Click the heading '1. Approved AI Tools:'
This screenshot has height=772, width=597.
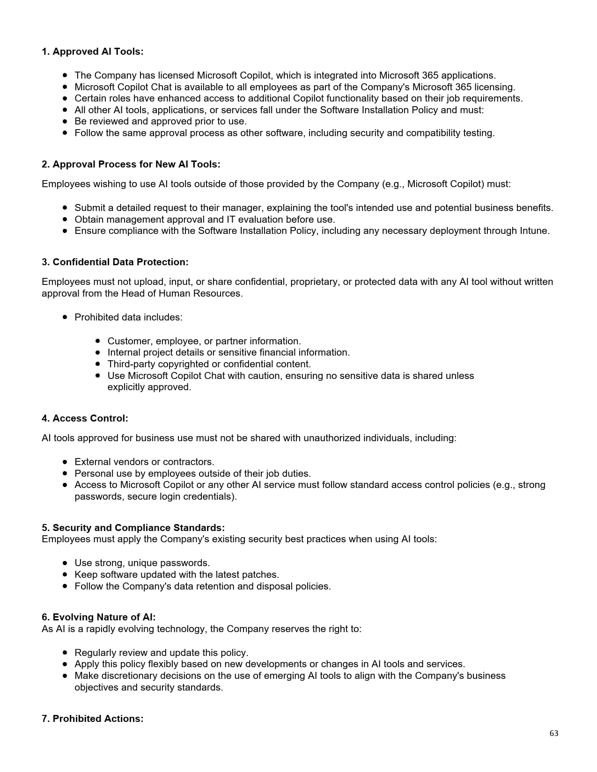point(92,51)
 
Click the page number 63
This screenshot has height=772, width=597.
point(553,733)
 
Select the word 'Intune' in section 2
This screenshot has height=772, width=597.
point(534,231)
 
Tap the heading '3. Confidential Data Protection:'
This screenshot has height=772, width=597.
point(115,262)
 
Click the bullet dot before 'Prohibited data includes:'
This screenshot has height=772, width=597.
point(65,317)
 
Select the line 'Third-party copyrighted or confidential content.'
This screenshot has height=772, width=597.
point(209,364)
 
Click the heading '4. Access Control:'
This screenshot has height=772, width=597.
point(85,418)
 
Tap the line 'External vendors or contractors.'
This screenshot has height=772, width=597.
point(144,462)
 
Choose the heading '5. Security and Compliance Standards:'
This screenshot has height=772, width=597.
point(133,528)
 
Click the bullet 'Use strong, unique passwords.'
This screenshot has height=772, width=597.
point(142,563)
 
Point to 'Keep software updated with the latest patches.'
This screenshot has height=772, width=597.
point(177,575)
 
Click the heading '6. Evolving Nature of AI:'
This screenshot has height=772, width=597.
point(98,617)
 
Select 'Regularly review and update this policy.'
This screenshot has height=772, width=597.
point(161,653)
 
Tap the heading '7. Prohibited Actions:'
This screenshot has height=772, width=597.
point(92,719)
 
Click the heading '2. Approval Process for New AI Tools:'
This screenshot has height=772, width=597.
point(131,164)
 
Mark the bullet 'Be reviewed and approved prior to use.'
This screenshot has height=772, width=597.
point(160,121)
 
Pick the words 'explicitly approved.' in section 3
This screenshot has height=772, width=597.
point(149,387)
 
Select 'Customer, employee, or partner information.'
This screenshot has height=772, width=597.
point(204,341)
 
